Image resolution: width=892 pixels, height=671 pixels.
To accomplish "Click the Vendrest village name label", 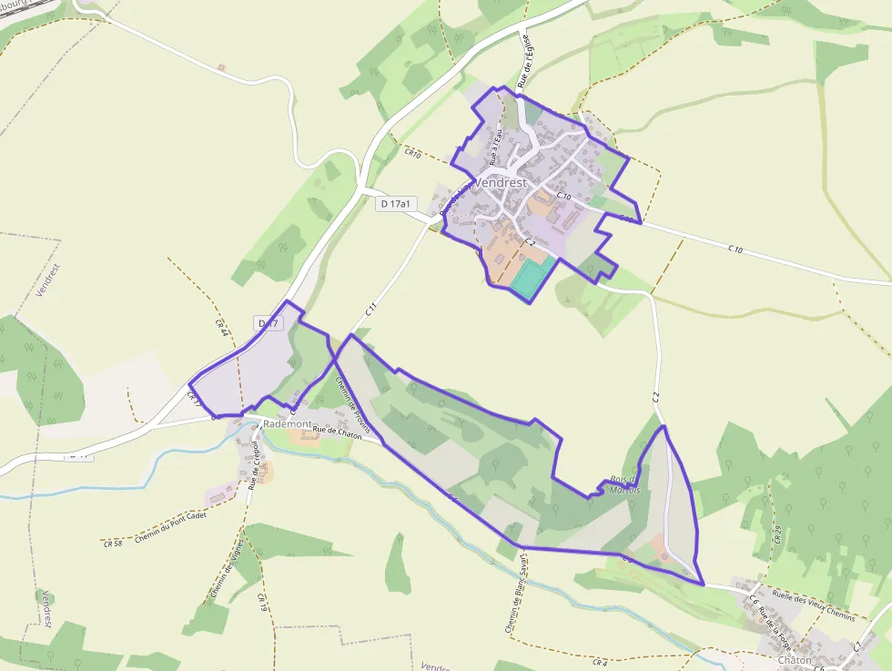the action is coord(501,182).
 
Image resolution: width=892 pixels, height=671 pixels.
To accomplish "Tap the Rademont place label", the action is coord(288,425).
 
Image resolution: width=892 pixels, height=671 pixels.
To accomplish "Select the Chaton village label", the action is coord(795,659).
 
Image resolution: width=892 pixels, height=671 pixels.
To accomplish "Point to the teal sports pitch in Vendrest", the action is coord(530,279).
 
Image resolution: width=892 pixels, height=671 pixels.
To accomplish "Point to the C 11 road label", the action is coord(371,310).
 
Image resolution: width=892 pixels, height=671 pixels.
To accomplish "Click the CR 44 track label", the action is coord(220,329).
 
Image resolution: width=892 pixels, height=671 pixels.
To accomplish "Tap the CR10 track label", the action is coord(413,155).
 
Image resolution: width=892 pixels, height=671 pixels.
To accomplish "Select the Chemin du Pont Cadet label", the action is coord(170,526).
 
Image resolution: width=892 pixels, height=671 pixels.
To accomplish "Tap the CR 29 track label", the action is coord(778,534).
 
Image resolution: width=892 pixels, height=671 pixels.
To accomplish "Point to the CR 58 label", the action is coord(113,544).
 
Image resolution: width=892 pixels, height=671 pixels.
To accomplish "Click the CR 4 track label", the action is coord(599,663).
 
